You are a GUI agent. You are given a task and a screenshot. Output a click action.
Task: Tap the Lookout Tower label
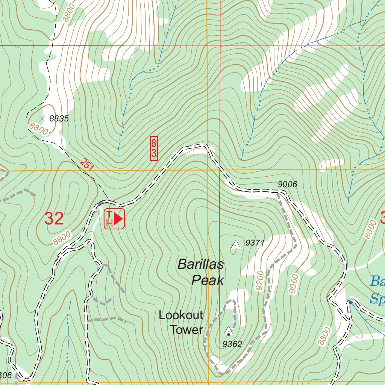(181, 322)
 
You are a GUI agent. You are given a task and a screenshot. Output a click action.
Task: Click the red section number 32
(54, 219)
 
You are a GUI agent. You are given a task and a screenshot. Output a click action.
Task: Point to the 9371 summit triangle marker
(236, 244)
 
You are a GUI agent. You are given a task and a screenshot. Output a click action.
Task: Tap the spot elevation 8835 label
(59, 119)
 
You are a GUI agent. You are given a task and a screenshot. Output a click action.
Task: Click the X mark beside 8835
(42, 119)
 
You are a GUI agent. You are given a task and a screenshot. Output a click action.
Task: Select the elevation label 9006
(288, 184)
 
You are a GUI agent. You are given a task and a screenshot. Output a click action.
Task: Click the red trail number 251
(87, 165)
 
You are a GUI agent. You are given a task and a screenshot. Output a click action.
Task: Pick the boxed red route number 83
(154, 149)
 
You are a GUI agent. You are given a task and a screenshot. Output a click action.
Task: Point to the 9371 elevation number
(255, 243)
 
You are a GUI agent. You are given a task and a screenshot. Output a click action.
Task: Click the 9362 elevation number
(232, 344)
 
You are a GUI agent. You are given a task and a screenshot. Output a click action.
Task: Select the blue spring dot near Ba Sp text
(350, 302)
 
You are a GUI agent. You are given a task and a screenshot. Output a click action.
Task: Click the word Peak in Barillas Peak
(208, 280)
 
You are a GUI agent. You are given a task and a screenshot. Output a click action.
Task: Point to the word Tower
(186, 330)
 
